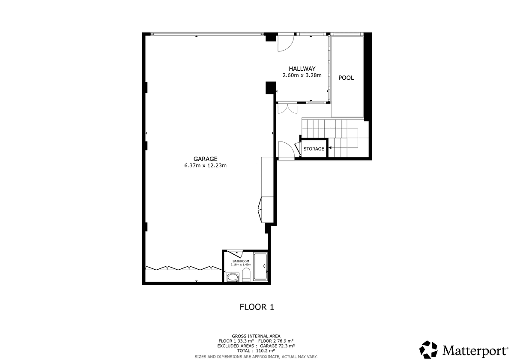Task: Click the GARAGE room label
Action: tap(205, 159)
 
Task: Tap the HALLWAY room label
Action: tap(302, 69)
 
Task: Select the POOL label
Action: tap(346, 78)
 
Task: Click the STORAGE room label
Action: tap(314, 149)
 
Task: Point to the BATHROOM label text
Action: tap(241, 261)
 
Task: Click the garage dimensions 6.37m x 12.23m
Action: tap(205, 165)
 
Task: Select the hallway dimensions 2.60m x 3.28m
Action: tap(302, 75)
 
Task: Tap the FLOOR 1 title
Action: tap(257, 307)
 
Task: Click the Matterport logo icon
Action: tap(428, 350)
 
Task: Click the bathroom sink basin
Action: tap(233, 277)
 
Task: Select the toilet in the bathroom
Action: tap(246, 275)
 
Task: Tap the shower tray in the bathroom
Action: tap(260, 267)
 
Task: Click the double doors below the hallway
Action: tap(287, 108)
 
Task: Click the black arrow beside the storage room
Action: tap(330, 147)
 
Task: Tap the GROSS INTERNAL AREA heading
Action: tap(256, 336)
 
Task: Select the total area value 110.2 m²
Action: tap(265, 351)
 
